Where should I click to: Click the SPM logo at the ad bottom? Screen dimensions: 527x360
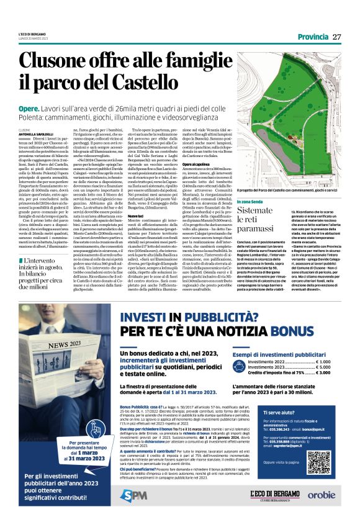(135, 494)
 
